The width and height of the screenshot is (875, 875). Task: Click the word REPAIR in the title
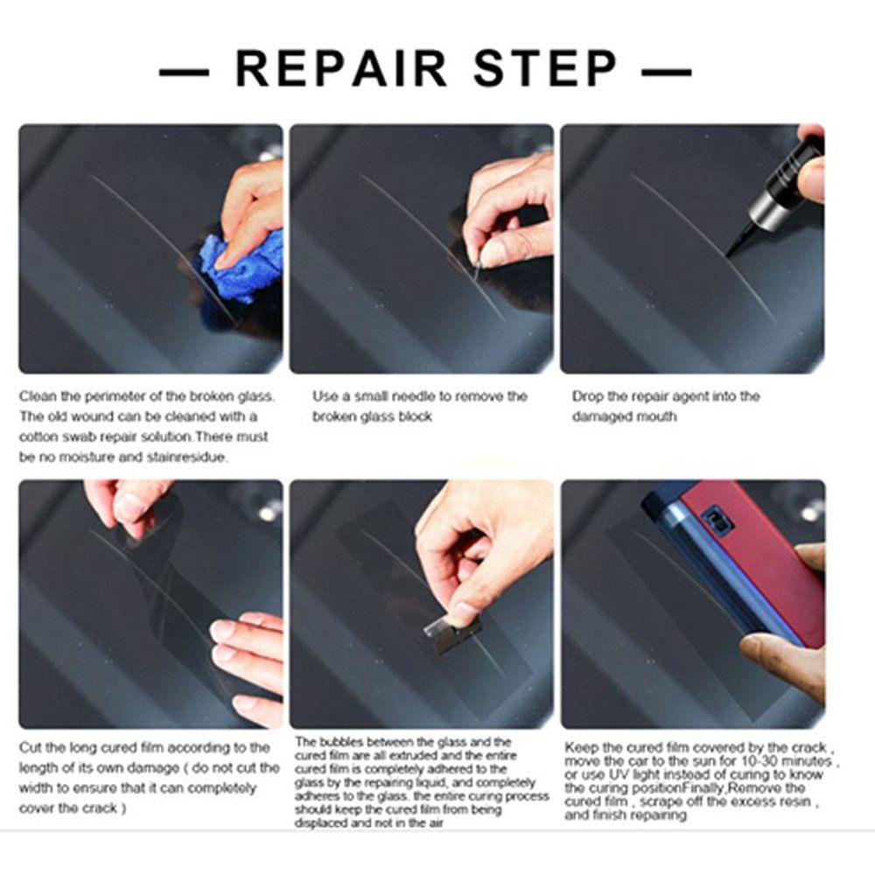pos(341,68)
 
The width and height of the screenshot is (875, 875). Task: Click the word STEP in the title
pos(546,68)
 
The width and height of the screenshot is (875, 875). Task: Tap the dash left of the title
pos(184,72)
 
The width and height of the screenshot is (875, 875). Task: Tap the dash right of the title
pos(667,72)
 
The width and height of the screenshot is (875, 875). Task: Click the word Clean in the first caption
pos(38,396)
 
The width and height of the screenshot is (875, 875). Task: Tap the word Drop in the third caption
pos(586,396)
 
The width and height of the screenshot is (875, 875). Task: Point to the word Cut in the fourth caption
pos(29,747)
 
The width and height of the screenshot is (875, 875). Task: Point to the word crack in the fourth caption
pos(100,808)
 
